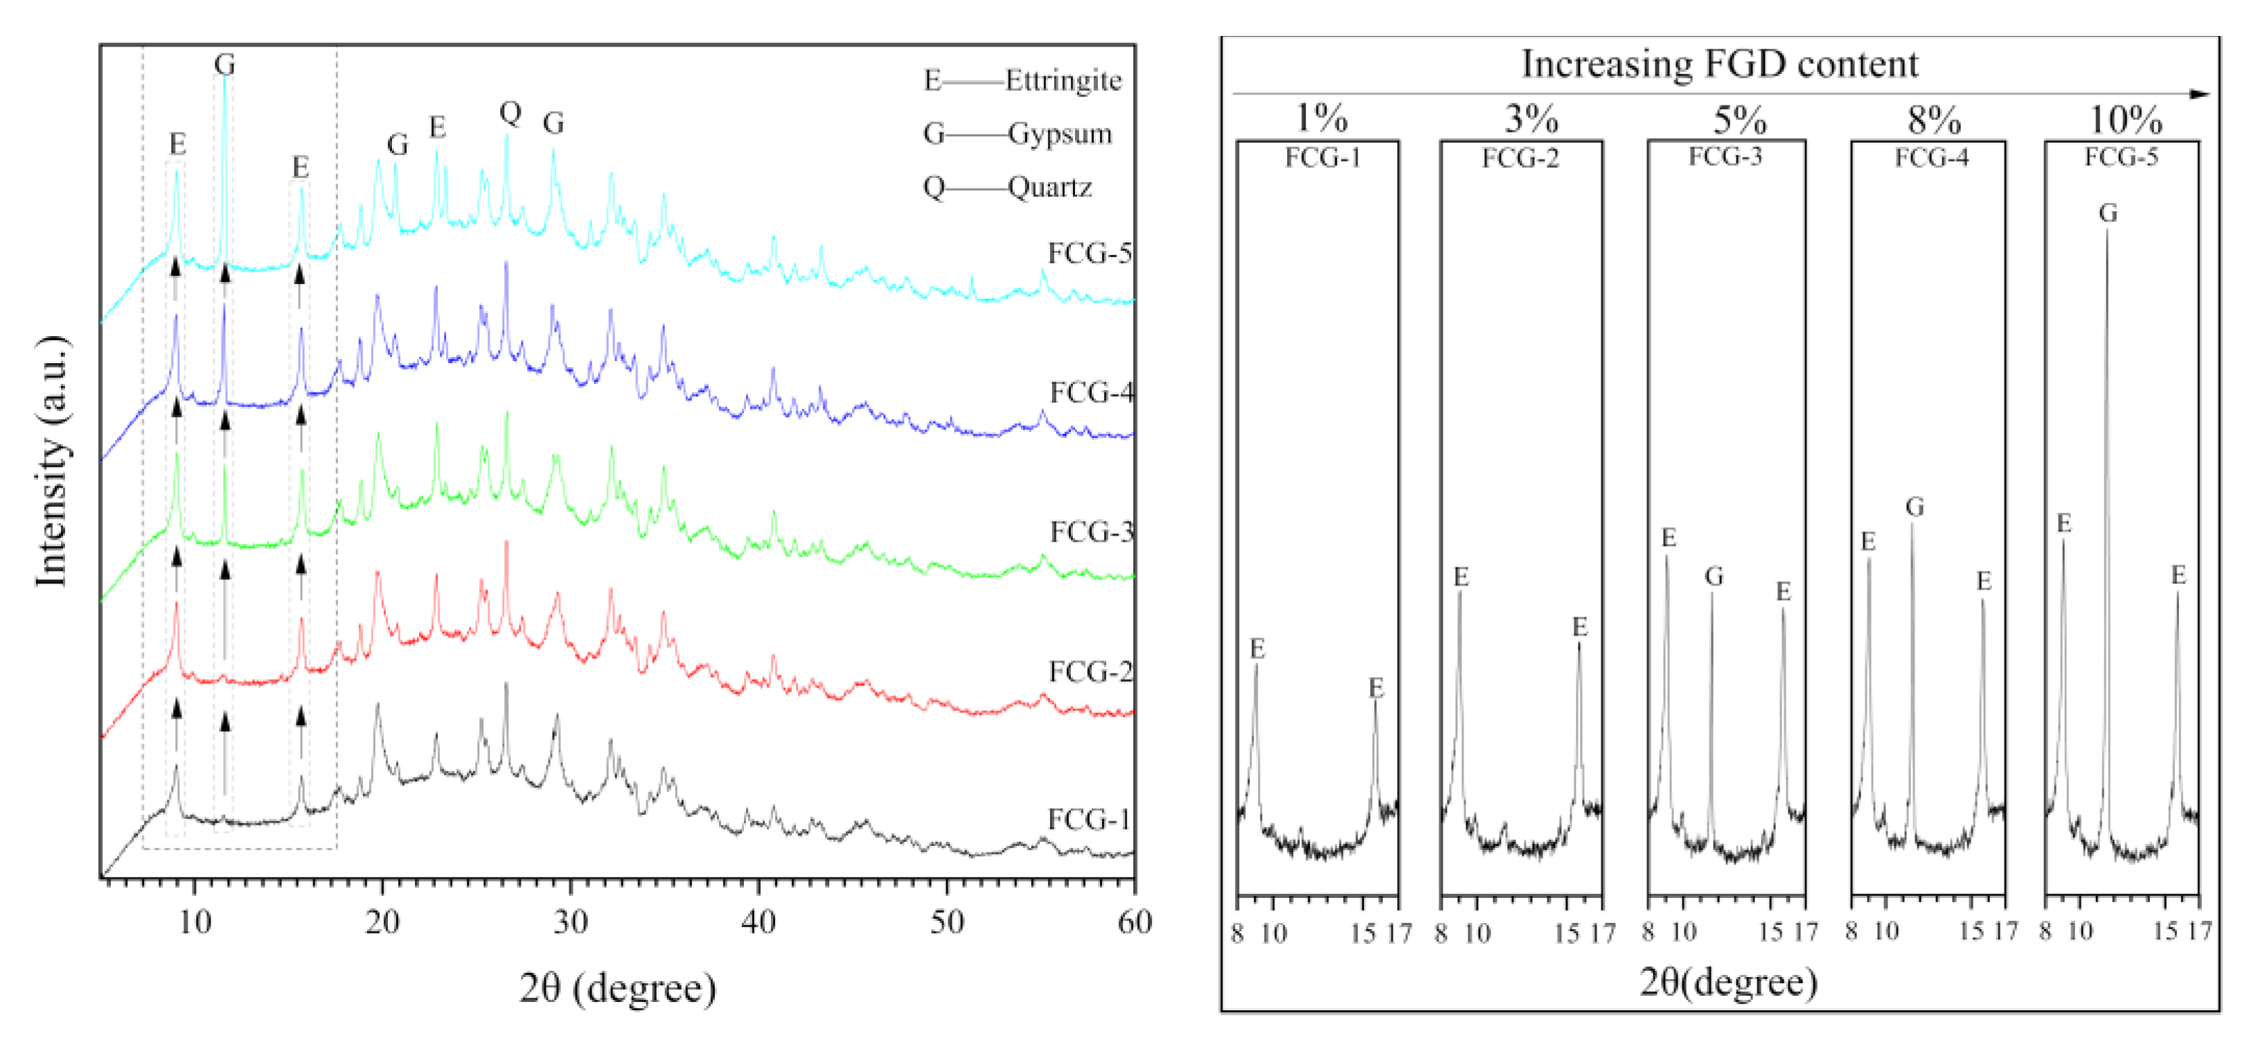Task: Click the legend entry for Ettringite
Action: tap(1022, 81)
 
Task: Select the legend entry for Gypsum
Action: tap(1018, 134)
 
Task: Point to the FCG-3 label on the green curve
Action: tap(1090, 532)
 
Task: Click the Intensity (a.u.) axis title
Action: tap(52, 461)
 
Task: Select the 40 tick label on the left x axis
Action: tap(758, 922)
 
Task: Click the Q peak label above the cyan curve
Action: tap(510, 112)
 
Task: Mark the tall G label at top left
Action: tap(224, 64)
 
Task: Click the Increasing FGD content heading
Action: tap(1719, 63)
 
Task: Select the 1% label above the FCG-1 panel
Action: tap(1321, 118)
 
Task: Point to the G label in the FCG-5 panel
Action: tap(2107, 213)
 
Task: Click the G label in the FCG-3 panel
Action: tap(1713, 577)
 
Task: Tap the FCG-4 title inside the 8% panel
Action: tap(1931, 158)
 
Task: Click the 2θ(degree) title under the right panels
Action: tap(1727, 981)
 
